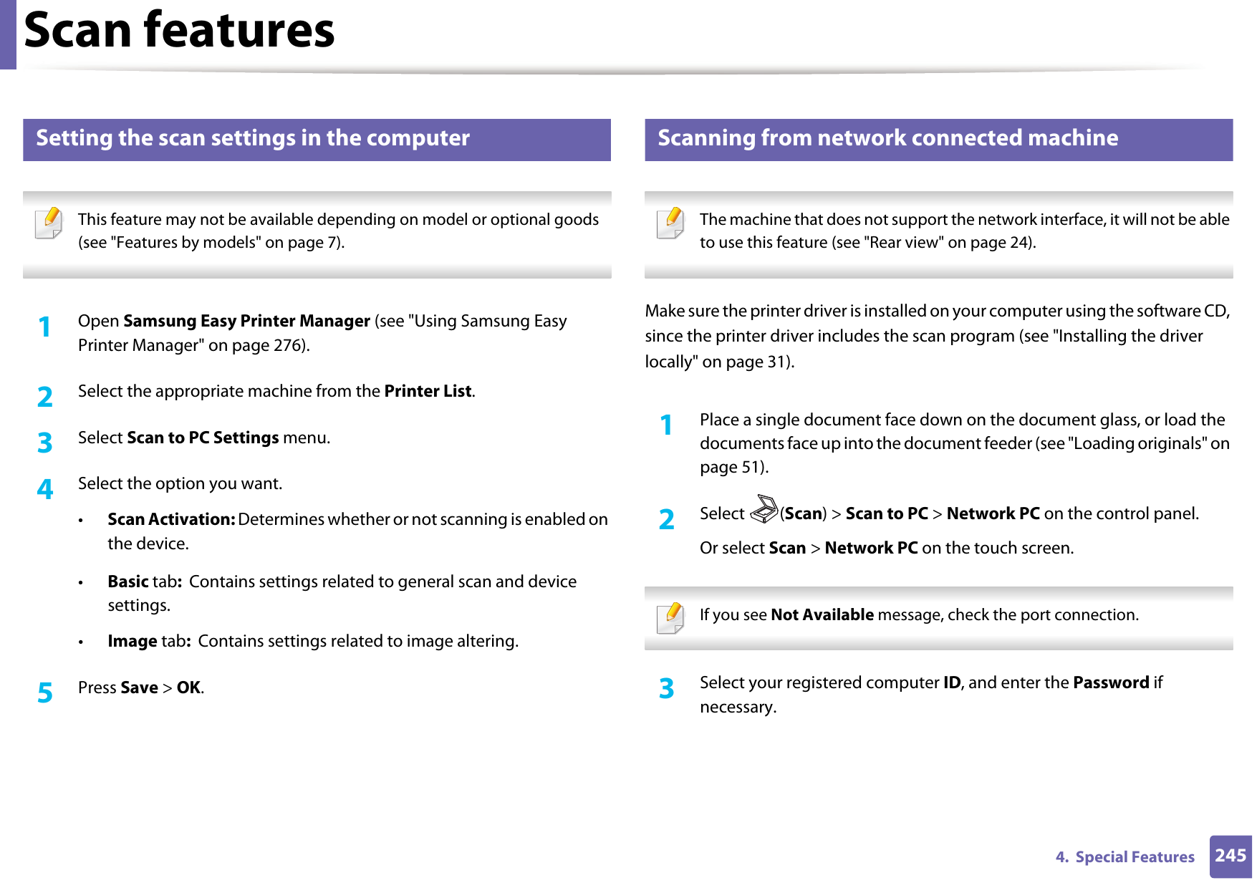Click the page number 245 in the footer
click(1230, 856)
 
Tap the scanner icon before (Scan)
click(764, 510)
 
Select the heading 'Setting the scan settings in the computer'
click(253, 138)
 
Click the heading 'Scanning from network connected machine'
click(887, 138)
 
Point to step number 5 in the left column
click(45, 692)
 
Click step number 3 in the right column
click(666, 688)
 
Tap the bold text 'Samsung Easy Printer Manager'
click(246, 321)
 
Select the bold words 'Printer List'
click(428, 391)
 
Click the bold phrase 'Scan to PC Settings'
click(203, 438)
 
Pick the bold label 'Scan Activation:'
click(171, 519)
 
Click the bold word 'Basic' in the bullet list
click(128, 581)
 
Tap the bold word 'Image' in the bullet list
click(133, 641)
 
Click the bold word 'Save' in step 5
click(139, 687)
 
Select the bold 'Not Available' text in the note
click(822, 614)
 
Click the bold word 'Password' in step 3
click(1111, 682)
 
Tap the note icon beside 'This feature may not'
click(49, 223)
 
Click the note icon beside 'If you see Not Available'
click(670, 618)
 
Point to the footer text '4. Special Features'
click(1124, 857)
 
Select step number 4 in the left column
click(45, 489)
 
